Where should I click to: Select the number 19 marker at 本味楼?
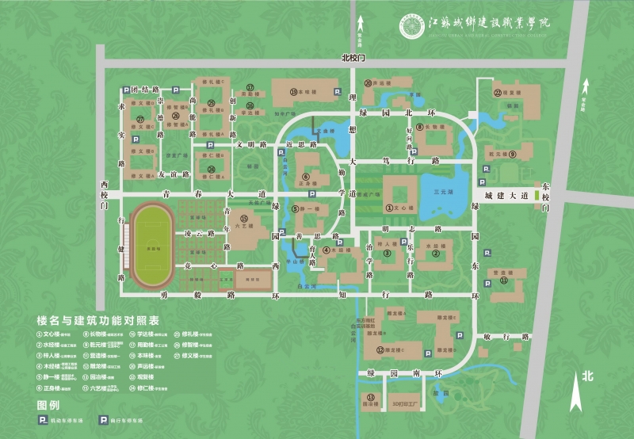[x=293, y=92]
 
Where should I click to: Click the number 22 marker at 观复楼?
[x=498, y=93]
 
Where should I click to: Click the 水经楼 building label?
[x=434, y=246]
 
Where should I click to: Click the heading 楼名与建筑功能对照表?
[x=97, y=321]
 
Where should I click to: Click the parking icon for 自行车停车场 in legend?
[x=103, y=421]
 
